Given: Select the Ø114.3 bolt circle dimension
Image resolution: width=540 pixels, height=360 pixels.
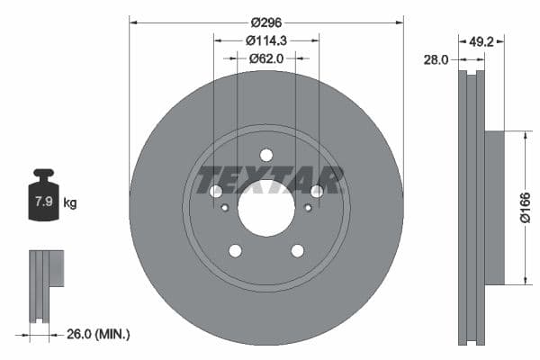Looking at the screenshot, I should click(x=266, y=40).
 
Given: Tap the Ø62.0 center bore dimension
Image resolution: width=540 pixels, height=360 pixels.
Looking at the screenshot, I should click(x=266, y=58).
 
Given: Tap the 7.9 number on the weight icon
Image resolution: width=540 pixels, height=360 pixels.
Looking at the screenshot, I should click(x=42, y=202).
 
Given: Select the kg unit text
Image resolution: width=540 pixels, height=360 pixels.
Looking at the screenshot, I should click(x=70, y=203).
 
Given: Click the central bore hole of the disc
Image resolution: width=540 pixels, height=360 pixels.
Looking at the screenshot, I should click(x=266, y=208).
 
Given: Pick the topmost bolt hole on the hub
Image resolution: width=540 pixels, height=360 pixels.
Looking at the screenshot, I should click(x=266, y=155).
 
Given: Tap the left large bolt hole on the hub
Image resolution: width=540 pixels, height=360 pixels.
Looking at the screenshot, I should click(x=216, y=191).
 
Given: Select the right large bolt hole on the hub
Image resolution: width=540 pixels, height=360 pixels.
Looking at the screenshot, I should click(x=317, y=191).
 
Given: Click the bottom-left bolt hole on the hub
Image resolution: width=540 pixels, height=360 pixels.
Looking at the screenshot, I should click(x=235, y=250).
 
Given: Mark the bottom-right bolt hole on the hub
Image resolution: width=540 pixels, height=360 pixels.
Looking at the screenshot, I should click(x=298, y=250).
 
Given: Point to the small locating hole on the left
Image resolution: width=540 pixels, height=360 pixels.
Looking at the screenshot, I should click(x=225, y=208).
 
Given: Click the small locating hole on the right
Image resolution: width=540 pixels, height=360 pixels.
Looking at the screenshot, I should click(x=308, y=208).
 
